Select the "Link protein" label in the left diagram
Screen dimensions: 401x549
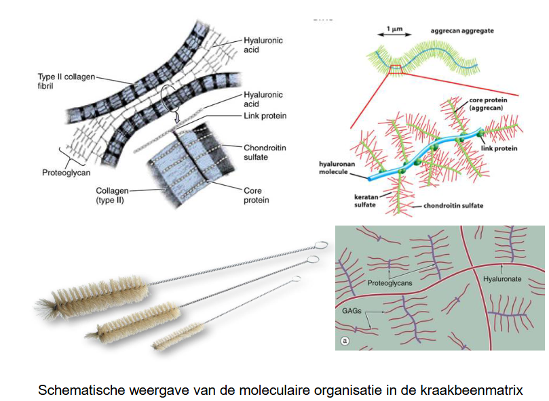tap(265, 116)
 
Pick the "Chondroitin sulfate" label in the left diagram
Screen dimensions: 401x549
tap(263, 152)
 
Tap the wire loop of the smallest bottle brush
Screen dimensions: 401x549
tap(296, 279)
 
